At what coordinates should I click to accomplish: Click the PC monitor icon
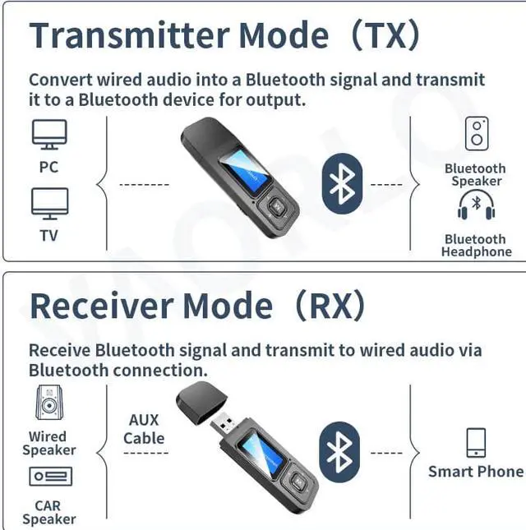pos(49,134)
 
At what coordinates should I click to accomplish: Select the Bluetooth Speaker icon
pos(476,134)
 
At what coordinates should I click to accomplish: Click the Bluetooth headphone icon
pos(476,205)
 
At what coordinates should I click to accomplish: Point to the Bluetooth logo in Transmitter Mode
pos(341,182)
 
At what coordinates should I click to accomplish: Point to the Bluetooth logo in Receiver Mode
pos(339,452)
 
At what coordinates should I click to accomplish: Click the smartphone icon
pos(476,442)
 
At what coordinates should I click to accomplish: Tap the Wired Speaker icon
pos(48,403)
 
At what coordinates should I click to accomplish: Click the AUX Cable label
pos(144,429)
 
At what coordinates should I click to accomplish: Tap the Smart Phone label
pos(475,472)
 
